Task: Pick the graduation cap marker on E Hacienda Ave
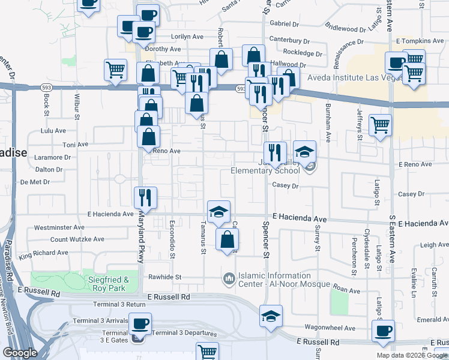pos(219,211)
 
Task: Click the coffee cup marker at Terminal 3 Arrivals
pos(140,324)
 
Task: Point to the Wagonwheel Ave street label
pos(330,328)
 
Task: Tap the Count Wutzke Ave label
pos(77,239)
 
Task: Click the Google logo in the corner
pos(19,352)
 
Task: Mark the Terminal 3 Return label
pos(119,304)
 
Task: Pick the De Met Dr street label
pos(36,181)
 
